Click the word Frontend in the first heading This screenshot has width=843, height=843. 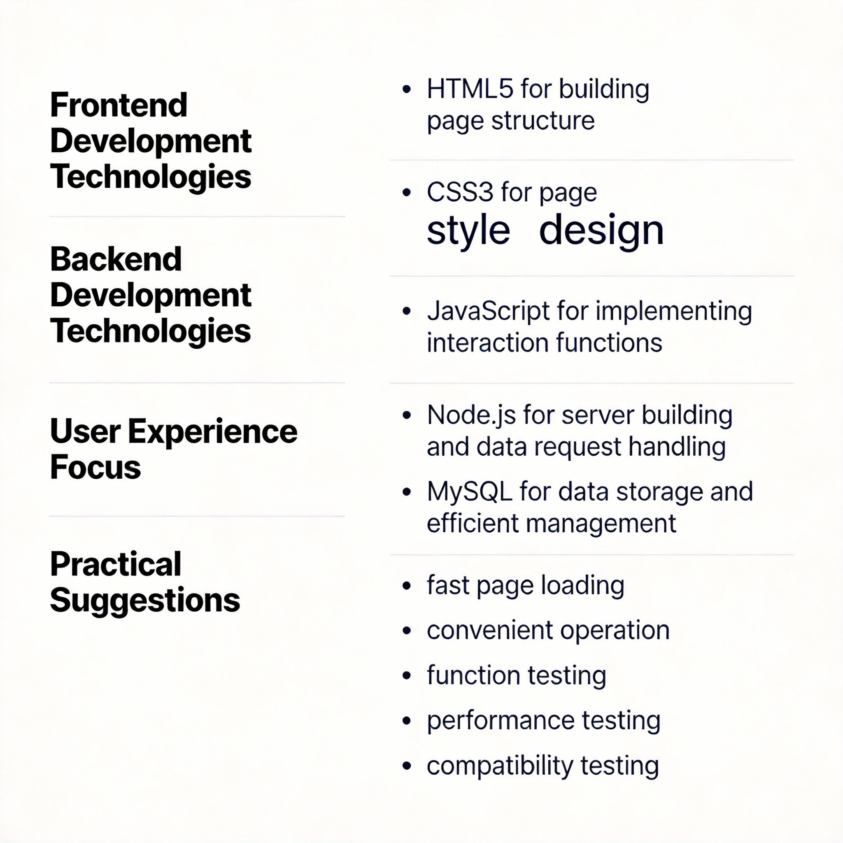coord(119,105)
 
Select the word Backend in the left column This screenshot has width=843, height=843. coord(116,259)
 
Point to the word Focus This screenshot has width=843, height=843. coord(95,467)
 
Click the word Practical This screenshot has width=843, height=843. coord(116,564)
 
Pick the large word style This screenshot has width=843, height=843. coord(468,231)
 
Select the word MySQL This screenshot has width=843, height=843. coord(470,492)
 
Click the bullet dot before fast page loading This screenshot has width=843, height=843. coord(407,586)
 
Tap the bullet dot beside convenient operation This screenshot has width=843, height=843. coord(407,631)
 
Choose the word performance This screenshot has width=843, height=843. coord(501,721)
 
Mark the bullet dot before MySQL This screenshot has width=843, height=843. coord(407,492)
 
